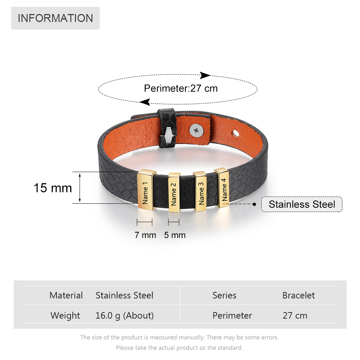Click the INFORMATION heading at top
point(55,18)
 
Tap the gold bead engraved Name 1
point(146,190)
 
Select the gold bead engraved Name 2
point(174,192)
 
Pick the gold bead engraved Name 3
point(200,191)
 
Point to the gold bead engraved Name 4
point(222,188)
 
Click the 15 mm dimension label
point(53,188)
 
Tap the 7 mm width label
point(145,235)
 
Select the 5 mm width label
point(175,235)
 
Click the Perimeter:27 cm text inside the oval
point(181,89)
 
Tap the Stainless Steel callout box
point(302,204)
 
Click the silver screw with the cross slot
point(197,131)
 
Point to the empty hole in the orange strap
point(235,134)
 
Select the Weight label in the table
point(65,315)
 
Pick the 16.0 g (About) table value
point(125,316)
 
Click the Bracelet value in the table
point(298,295)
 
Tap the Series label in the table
point(224,295)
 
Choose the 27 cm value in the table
point(295,315)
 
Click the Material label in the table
point(66,295)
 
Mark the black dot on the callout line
point(254,204)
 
